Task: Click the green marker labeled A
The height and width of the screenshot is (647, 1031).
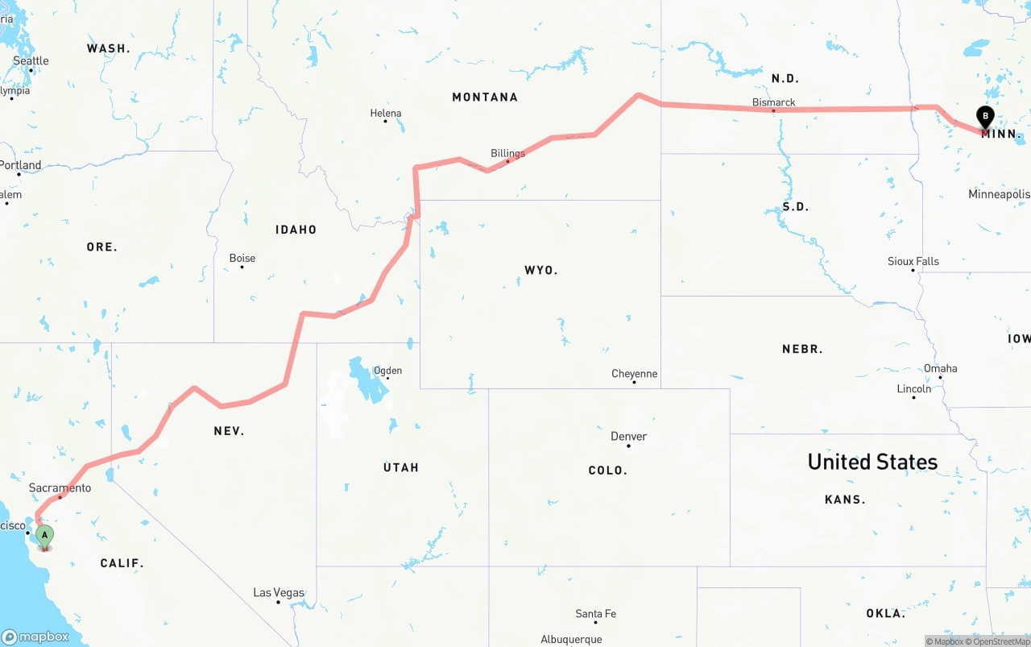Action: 44,535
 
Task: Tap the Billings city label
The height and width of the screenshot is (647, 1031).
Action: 507,153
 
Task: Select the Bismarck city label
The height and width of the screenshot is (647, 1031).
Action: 773,102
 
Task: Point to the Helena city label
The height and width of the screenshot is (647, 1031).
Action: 385,114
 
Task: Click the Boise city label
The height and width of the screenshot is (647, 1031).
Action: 242,258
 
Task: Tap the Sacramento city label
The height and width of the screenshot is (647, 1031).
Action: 60,487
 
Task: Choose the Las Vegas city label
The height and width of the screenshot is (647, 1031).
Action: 279,592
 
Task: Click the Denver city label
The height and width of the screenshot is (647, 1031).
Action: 628,436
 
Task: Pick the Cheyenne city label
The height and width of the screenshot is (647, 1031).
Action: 634,374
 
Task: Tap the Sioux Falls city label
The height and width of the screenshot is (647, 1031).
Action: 913,261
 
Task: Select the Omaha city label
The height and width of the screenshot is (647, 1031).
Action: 940,368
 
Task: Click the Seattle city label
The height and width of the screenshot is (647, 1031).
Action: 31,61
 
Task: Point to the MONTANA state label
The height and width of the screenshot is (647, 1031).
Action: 485,97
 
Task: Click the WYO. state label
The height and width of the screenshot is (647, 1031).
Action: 540,270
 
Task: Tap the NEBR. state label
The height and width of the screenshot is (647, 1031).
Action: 802,349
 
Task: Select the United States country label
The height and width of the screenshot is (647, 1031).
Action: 872,462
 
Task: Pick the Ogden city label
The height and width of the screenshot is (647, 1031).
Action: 387,371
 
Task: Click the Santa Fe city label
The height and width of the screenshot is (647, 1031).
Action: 595,614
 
